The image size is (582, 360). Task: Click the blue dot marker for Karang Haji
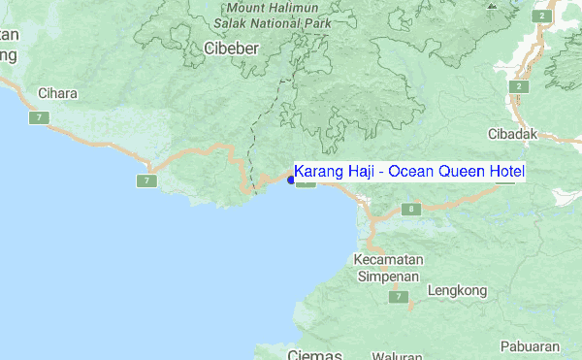(291, 179)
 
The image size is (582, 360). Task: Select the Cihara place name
(56, 94)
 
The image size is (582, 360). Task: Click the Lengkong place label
(456, 289)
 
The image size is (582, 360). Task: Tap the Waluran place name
(396, 355)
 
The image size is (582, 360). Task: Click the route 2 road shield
(521, 86)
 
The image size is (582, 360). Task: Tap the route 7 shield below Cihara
(39, 117)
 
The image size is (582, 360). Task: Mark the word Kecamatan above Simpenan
(388, 260)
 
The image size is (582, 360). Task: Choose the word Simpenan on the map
(389, 276)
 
